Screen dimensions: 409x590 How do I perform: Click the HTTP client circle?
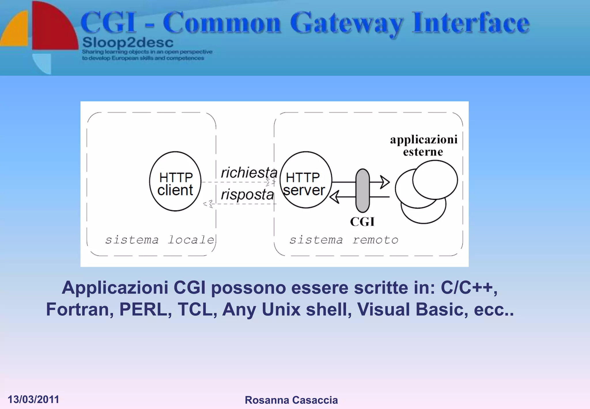175,181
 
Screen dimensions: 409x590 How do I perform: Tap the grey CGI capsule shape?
363,191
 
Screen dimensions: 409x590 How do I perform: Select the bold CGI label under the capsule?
362,222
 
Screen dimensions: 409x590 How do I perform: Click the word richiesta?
249,172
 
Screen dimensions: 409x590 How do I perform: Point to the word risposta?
247,194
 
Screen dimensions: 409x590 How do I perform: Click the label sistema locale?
160,240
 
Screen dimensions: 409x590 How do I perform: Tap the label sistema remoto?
344,240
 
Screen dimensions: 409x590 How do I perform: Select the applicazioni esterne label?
423,146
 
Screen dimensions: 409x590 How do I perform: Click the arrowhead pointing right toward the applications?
385,182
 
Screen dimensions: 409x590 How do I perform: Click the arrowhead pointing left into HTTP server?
334,197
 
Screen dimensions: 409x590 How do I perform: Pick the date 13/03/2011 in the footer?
33,399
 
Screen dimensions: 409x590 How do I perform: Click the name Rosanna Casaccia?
291,400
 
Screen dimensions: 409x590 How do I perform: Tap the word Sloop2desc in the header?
128,43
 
